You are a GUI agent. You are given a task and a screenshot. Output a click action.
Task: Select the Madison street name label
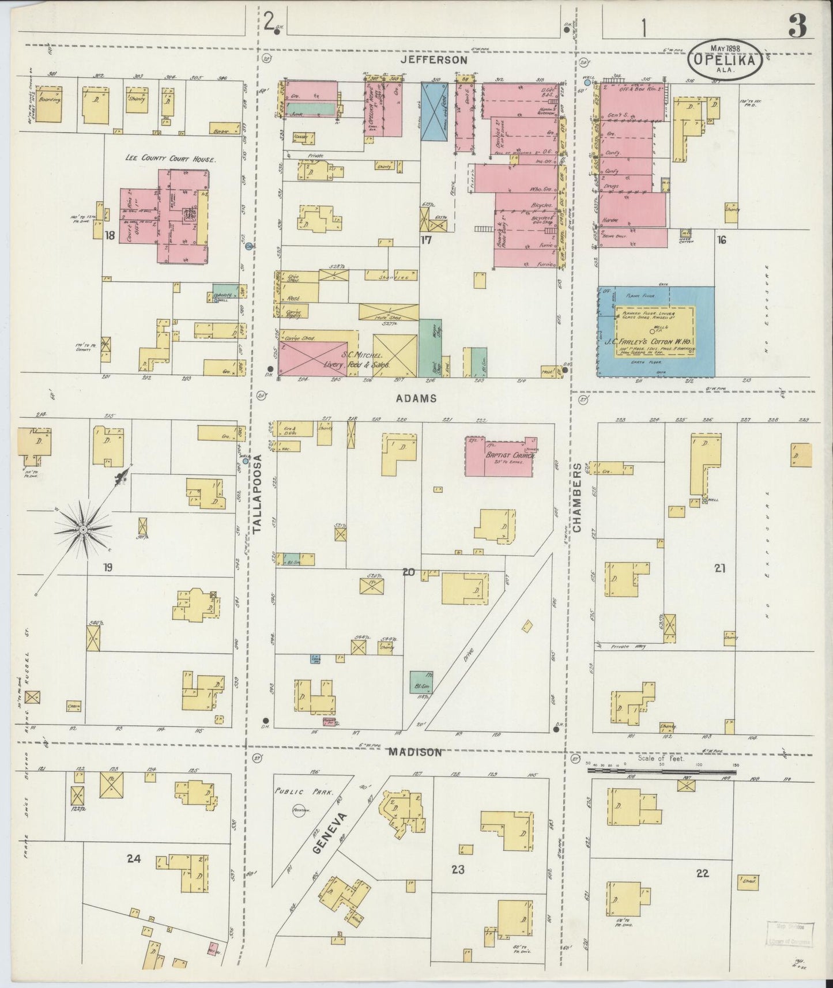pos(415,752)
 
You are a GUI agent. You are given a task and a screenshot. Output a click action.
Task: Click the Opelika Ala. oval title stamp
pos(726,59)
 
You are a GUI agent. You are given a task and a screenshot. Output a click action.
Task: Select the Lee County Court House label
pos(171,159)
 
